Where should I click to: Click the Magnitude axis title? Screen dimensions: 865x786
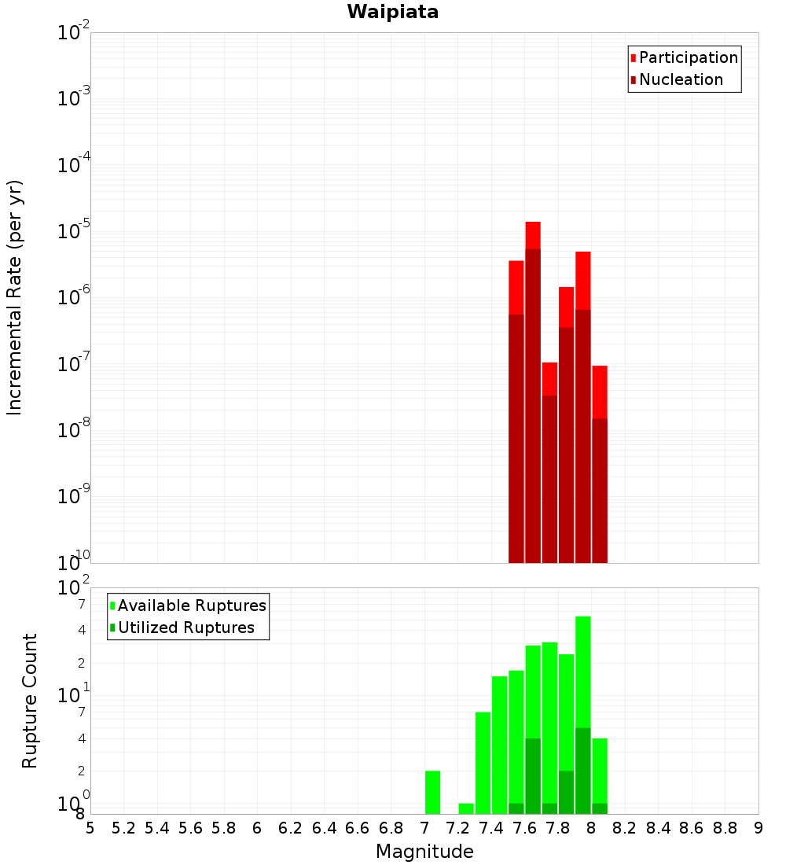(424, 852)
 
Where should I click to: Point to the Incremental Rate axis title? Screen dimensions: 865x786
(15, 297)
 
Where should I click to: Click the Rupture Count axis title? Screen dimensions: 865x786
(30, 701)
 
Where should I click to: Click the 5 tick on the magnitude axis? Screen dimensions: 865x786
(90, 828)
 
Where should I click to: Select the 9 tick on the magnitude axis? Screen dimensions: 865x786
(758, 828)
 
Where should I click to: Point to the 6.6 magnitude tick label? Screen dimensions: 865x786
(358, 828)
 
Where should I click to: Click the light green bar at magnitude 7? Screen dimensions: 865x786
(432, 793)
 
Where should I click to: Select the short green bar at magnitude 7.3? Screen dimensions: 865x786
(466, 808)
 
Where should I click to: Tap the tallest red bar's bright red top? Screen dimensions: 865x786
(533, 235)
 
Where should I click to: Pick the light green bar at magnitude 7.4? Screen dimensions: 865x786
(483, 763)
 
